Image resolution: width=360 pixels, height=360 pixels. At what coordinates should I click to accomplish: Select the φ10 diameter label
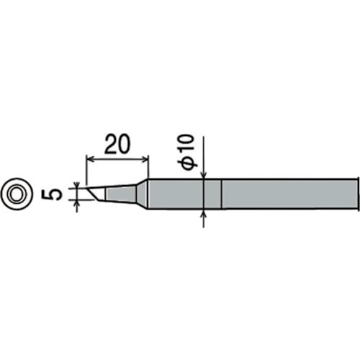click(189, 154)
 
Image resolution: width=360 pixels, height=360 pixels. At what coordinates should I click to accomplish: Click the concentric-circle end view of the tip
click(17, 194)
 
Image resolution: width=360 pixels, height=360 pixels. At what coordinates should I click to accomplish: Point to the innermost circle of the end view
click(17, 194)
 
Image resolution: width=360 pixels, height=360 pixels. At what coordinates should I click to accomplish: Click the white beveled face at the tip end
click(96, 194)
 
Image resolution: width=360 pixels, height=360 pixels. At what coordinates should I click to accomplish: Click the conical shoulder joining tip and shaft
click(143, 194)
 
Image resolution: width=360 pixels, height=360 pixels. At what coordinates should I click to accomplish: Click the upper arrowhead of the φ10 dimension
click(204, 175)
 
